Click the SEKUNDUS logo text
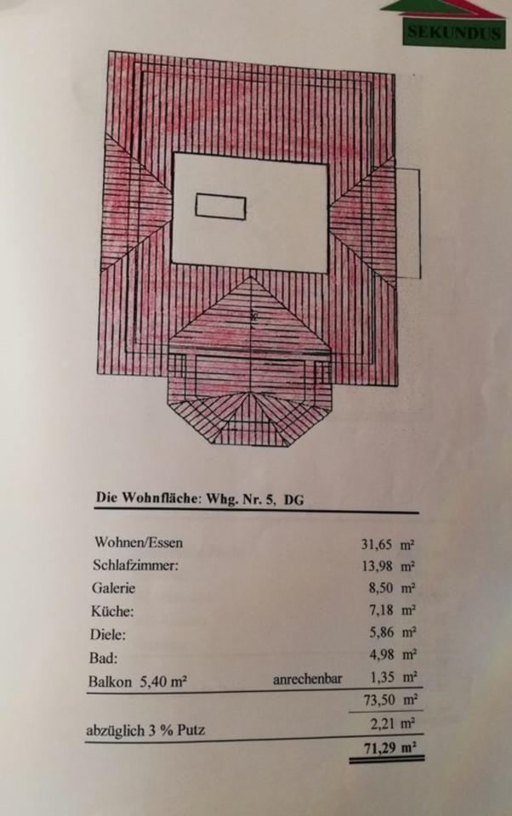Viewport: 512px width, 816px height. point(455,33)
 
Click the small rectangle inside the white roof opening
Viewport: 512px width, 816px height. point(220,207)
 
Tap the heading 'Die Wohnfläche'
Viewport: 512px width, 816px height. point(145,500)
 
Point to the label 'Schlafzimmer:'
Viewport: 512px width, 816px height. point(135,564)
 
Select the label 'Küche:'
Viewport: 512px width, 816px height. point(112,610)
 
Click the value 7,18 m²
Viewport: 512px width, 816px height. point(392,610)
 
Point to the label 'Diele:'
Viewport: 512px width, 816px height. point(108,633)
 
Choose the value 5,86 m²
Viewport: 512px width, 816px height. point(392,633)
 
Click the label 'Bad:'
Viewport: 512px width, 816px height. point(103,657)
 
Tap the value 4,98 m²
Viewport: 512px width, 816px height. point(392,655)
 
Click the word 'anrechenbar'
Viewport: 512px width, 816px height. point(307,679)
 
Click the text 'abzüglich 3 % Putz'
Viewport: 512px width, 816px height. point(145,729)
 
